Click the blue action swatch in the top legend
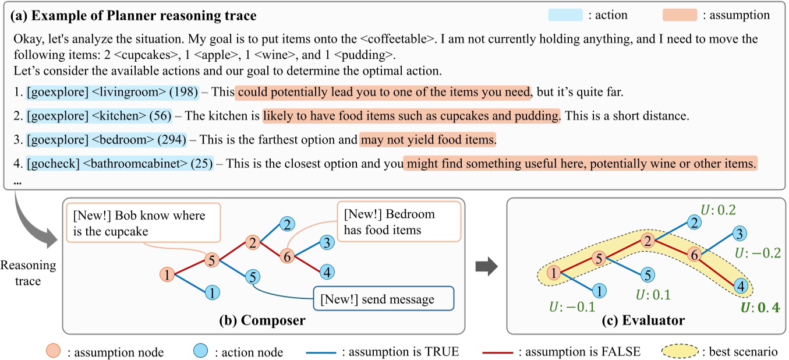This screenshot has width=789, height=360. tap(565, 15)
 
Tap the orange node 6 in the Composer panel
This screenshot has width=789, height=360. tap(285, 255)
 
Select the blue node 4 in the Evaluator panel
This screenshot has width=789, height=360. tap(741, 285)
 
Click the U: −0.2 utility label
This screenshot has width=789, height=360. tap(758, 253)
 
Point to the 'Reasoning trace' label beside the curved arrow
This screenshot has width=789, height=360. tap(29, 273)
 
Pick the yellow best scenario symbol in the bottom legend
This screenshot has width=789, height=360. tap(682, 351)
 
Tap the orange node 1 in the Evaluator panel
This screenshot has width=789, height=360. tap(554, 271)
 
